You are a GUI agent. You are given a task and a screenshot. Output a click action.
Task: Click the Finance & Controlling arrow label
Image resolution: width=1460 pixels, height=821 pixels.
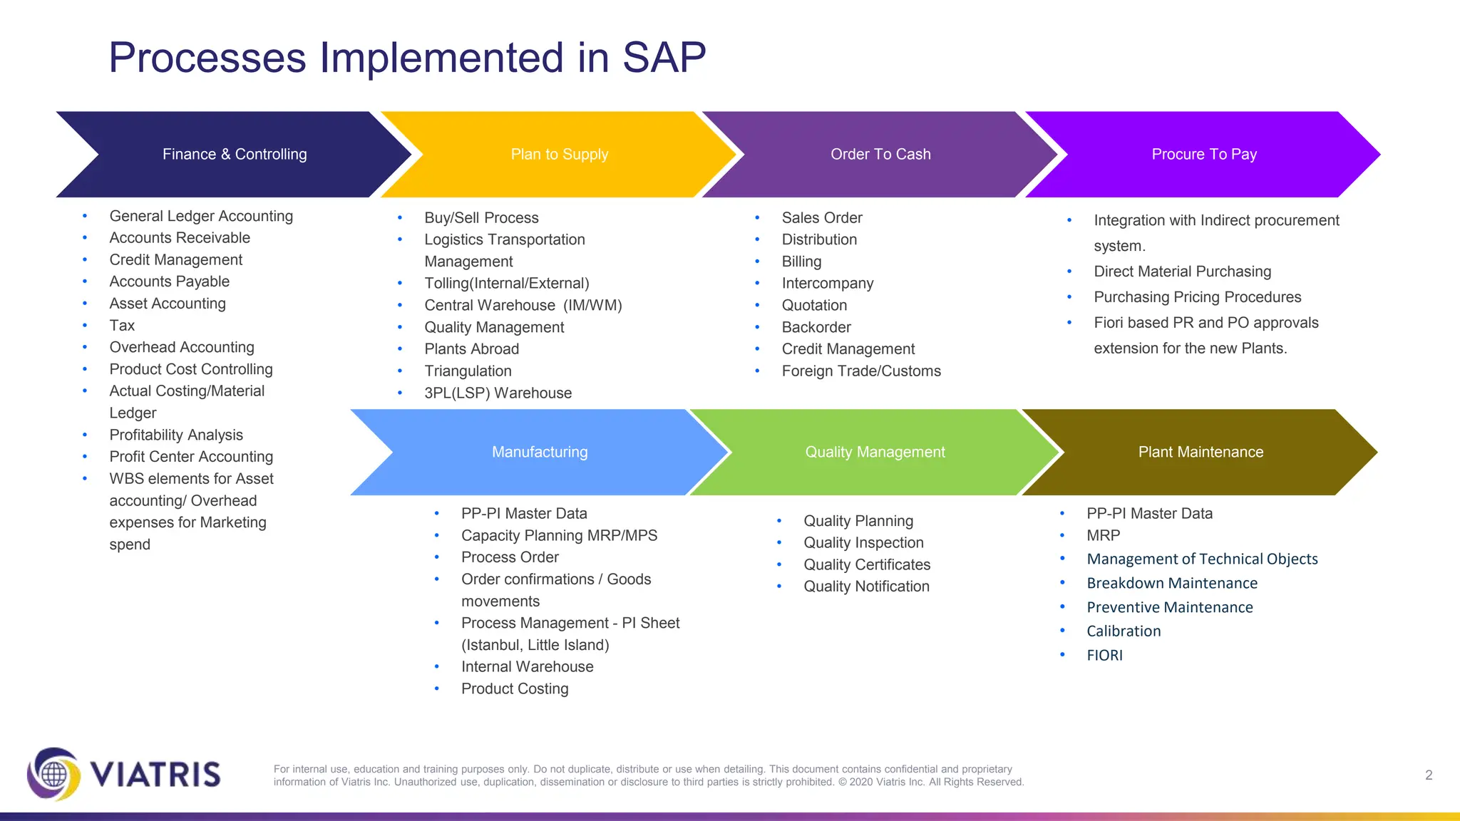tap(235, 154)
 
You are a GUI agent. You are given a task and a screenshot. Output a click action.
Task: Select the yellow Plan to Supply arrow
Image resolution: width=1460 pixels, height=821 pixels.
tap(560, 154)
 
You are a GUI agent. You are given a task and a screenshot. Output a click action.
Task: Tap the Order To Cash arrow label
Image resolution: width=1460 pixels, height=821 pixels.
tap(880, 154)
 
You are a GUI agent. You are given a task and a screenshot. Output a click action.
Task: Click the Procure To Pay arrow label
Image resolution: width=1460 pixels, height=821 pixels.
tap(1204, 154)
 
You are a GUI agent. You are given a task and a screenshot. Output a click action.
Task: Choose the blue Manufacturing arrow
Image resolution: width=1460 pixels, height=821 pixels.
tap(540, 452)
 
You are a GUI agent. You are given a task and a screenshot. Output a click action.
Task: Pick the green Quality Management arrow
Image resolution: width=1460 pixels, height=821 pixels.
tap(875, 452)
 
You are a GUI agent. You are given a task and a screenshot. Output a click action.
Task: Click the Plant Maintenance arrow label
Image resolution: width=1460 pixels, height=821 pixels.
tap(1201, 452)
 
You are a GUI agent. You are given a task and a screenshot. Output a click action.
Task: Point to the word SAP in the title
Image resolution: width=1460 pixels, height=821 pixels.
tap(664, 57)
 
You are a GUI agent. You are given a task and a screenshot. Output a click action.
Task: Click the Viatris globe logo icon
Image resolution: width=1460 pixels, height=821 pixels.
tap(53, 774)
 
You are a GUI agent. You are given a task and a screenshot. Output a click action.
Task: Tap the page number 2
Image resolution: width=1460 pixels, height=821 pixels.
tap(1429, 775)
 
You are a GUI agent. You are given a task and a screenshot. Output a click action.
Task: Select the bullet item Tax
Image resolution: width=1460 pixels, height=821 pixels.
tap(122, 326)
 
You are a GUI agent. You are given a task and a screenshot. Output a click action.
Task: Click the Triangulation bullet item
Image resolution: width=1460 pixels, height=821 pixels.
tap(468, 371)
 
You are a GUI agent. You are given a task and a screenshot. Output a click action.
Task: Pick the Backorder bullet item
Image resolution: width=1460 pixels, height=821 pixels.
tap(816, 327)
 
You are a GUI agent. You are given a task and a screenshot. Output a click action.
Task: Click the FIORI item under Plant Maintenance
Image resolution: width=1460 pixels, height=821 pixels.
tap(1104, 656)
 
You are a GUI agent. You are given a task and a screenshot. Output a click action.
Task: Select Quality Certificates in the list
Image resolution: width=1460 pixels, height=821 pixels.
tap(867, 564)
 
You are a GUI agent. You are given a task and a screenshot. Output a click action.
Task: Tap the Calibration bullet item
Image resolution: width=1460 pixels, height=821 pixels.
tap(1124, 631)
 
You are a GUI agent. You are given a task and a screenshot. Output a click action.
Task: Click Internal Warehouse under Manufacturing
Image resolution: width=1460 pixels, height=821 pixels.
tap(527, 667)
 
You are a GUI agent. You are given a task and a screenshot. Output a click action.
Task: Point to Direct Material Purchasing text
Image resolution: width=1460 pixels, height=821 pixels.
tap(1182, 272)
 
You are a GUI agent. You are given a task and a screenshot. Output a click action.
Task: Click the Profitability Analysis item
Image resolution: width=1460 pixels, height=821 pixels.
tap(176, 435)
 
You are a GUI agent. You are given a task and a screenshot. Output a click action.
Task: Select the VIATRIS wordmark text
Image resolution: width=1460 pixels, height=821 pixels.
tap(155, 775)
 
